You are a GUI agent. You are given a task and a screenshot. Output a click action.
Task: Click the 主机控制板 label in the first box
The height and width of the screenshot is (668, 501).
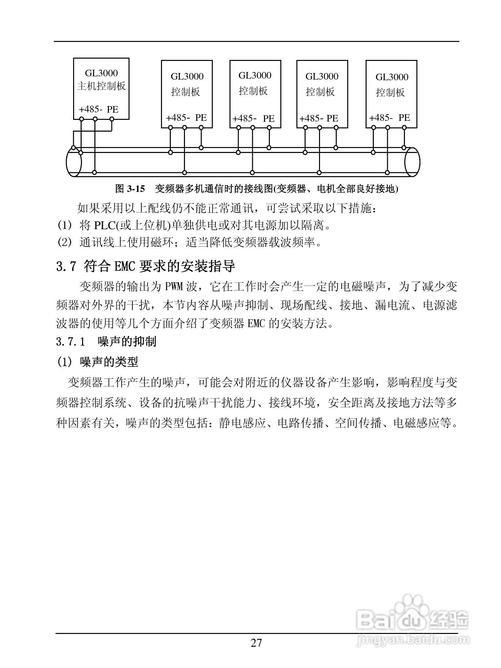point(101,86)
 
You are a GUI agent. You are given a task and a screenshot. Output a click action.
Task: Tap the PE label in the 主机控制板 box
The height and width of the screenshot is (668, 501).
point(112,109)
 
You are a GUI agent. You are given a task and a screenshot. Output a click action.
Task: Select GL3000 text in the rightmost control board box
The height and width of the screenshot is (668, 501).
point(392,77)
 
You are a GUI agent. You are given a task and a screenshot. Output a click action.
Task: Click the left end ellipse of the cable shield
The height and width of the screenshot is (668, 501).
point(74,162)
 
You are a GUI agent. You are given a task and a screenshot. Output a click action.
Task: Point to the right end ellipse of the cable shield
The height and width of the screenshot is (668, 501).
point(412,162)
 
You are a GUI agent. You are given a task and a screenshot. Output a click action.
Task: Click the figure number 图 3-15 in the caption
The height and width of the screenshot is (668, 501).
point(130,189)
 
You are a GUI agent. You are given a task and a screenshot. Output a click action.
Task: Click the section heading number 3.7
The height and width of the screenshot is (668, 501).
point(66,266)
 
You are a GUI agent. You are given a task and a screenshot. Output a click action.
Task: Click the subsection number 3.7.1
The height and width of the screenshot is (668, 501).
point(70,342)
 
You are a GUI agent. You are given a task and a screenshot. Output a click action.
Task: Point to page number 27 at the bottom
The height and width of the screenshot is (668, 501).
point(256,643)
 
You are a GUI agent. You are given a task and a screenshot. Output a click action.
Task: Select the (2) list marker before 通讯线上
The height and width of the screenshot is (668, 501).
point(64,243)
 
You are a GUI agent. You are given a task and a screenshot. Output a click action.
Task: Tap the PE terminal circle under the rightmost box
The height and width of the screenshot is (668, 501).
point(404,128)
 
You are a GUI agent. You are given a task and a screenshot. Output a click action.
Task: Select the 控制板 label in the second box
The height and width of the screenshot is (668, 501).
point(186,92)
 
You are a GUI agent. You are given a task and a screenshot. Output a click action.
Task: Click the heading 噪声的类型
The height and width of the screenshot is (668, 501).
point(109,362)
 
